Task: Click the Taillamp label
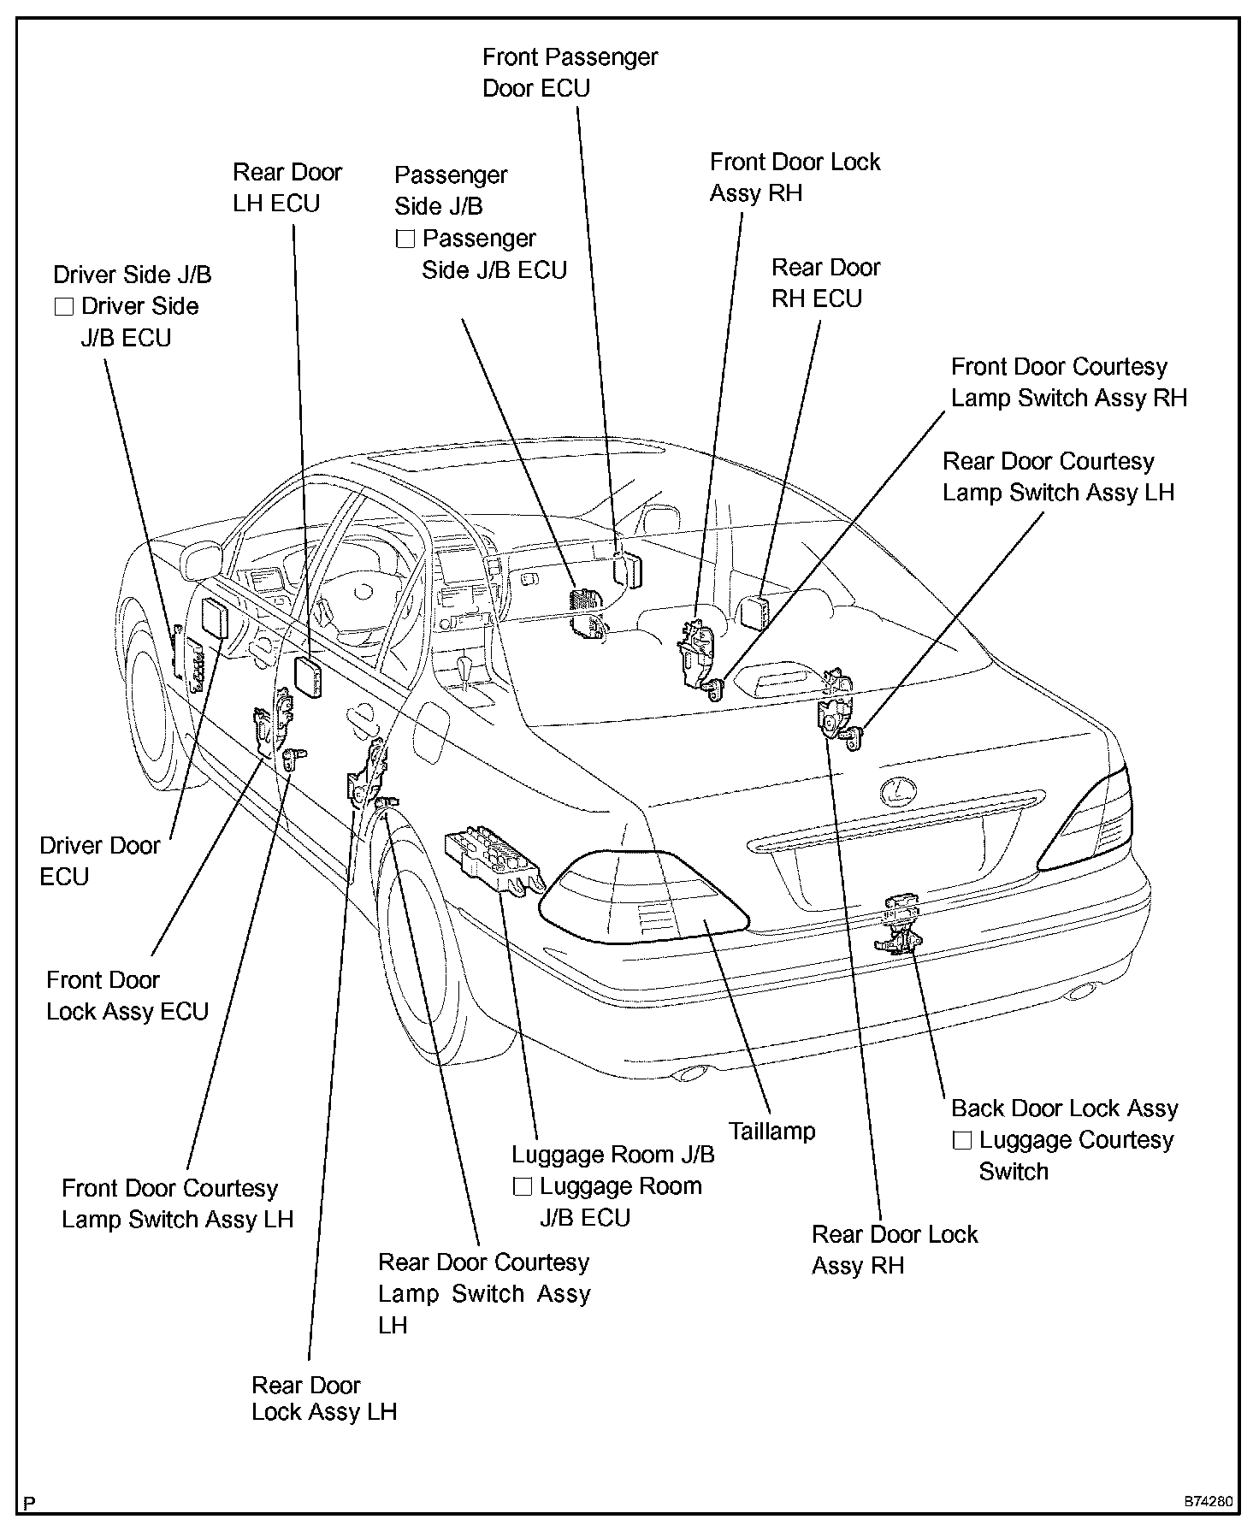click(771, 1132)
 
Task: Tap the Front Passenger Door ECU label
click(570, 73)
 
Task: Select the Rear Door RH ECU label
click(825, 283)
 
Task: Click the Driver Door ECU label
click(99, 860)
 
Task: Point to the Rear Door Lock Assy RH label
click(894, 1250)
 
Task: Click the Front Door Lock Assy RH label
click(795, 177)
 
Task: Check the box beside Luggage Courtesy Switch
click(962, 1141)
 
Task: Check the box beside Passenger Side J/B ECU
click(405, 239)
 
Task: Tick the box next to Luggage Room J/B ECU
click(523, 1187)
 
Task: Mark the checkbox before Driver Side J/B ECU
click(64, 307)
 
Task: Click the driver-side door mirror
click(202, 559)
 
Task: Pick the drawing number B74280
click(1209, 1501)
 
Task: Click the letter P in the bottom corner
click(30, 1503)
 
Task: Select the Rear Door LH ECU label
click(287, 187)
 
